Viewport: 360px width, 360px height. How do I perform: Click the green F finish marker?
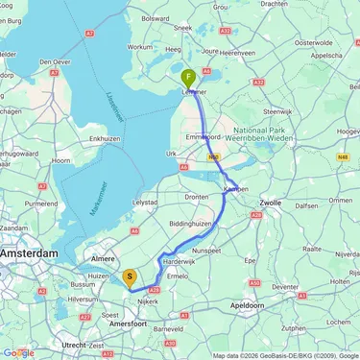pos(189,77)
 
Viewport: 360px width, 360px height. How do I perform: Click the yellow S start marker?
pos(131,279)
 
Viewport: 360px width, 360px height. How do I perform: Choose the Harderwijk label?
pos(180,261)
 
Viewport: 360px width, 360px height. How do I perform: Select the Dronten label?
pos(197,197)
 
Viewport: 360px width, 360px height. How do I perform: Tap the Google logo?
pos(19,352)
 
